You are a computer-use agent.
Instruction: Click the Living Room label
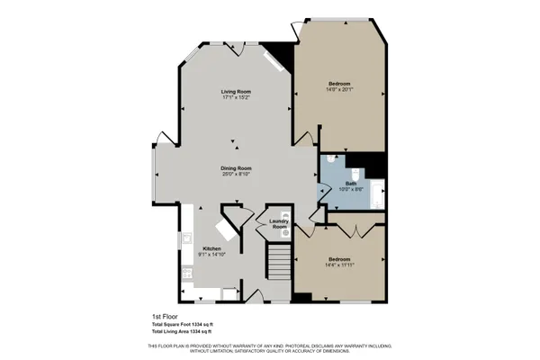coord(237,92)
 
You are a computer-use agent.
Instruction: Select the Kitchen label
coord(211,248)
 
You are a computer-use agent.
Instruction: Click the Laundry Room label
coord(279,224)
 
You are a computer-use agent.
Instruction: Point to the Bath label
coord(351,183)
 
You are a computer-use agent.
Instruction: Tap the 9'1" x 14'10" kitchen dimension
coord(211,255)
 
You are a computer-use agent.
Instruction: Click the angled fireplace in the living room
coord(273,63)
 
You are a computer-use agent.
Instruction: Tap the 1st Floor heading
coord(166,317)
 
